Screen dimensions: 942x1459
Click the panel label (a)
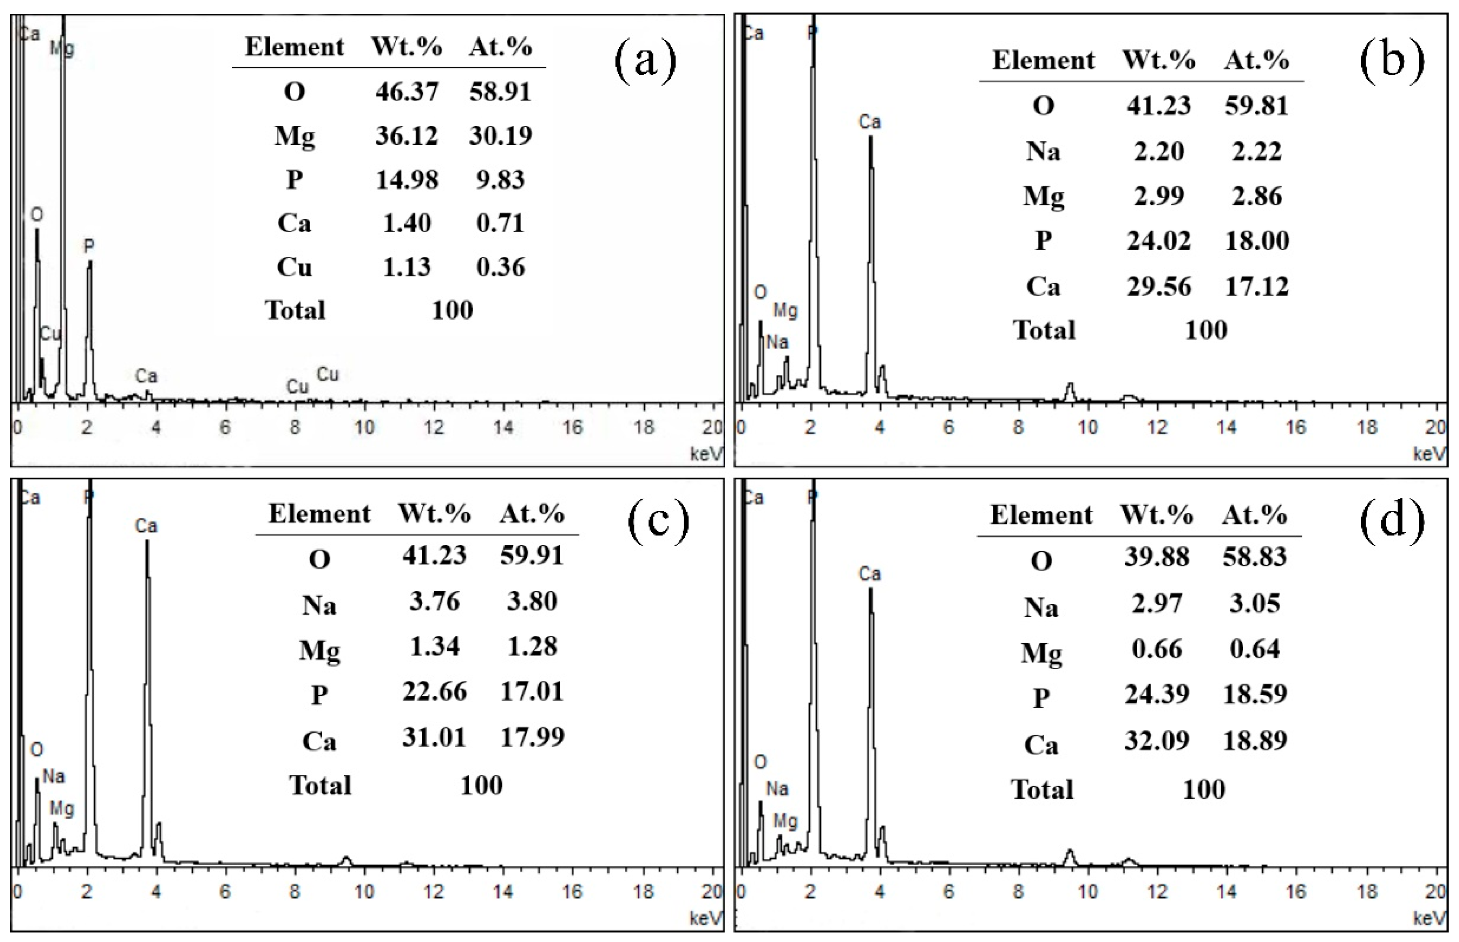645,61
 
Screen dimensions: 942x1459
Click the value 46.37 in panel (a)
406,92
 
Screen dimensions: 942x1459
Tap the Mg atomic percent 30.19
500,135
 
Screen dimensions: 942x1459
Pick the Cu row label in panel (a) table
294,267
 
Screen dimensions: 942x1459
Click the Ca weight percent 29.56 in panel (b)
1159,286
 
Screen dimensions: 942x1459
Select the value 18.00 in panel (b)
1257,240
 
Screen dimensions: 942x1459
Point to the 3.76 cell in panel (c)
434,601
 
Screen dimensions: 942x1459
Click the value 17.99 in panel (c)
532,737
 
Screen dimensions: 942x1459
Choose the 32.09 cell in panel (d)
1156,741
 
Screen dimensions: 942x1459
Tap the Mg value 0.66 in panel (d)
1156,649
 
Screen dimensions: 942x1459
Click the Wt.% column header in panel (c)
434,514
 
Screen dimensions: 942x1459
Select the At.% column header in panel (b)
1257,61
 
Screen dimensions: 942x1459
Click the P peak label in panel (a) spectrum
89,247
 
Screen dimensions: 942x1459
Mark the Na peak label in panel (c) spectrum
54,776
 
